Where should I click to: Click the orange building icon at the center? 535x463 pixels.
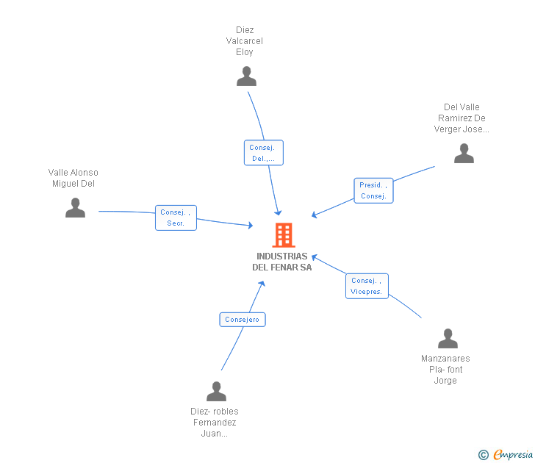(284, 235)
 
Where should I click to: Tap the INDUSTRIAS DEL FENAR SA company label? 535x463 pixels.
(282, 262)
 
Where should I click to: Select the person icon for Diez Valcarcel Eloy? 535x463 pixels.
(246, 76)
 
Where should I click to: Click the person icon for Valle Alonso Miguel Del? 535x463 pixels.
(75, 207)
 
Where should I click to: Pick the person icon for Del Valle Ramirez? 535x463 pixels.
(464, 153)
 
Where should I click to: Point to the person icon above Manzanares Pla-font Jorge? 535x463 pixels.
(448, 339)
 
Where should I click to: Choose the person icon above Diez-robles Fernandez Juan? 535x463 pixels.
(216, 392)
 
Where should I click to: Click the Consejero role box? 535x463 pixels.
(243, 320)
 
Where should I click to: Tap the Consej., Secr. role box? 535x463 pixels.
(176, 218)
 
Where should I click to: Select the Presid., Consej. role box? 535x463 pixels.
(373, 190)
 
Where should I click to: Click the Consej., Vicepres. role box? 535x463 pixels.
(367, 286)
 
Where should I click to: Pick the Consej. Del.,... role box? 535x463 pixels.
(263, 153)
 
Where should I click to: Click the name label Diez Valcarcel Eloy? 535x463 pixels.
(245, 41)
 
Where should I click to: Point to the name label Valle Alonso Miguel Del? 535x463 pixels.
(73, 178)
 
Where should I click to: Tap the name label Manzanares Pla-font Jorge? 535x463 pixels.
(445, 370)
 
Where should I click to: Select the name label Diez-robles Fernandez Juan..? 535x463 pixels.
(215, 423)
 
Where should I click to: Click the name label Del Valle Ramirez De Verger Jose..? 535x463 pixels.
(462, 118)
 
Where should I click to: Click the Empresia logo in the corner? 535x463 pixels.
(506, 454)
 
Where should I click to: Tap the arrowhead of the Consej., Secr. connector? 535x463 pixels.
(251, 225)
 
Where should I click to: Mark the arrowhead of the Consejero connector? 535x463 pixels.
(262, 283)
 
